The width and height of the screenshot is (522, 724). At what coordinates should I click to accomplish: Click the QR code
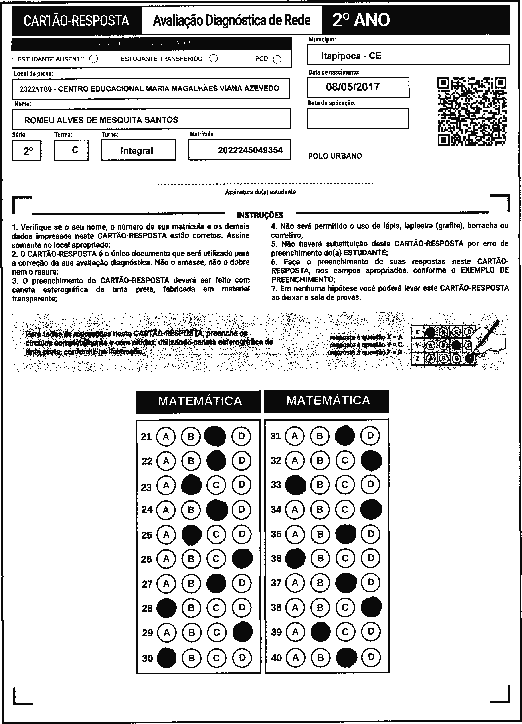(x=471, y=111)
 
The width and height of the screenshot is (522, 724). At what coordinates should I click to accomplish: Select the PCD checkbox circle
(x=277, y=60)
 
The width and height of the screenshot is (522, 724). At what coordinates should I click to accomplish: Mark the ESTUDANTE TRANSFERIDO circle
(x=213, y=58)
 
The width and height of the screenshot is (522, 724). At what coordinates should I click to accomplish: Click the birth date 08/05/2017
(x=353, y=87)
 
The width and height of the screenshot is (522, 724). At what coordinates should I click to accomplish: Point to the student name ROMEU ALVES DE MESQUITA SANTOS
(x=101, y=120)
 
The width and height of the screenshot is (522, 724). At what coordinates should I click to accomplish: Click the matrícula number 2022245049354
(x=250, y=150)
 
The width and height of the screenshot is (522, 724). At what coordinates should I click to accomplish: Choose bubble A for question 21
(x=166, y=436)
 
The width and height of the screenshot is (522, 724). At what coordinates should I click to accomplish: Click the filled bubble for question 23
(x=191, y=485)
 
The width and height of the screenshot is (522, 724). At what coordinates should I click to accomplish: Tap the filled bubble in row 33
(x=295, y=485)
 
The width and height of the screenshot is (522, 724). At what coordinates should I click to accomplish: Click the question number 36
(x=276, y=558)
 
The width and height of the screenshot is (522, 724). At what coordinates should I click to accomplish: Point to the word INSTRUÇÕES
(x=260, y=215)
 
